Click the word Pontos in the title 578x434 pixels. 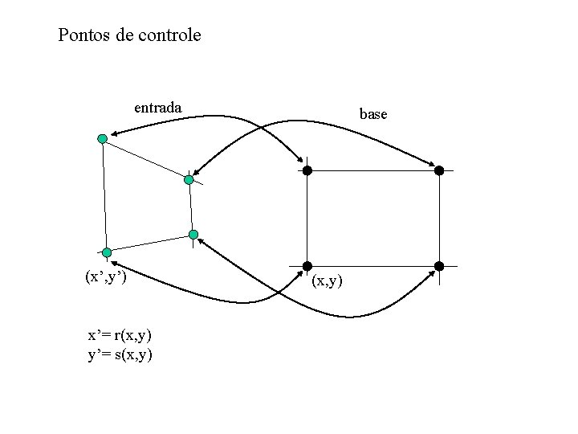(x=84, y=35)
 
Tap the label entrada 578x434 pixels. (x=157, y=107)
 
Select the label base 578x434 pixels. (x=373, y=115)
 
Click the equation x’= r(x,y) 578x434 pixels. (x=120, y=334)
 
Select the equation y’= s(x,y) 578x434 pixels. (x=120, y=354)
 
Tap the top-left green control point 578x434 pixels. (x=102, y=139)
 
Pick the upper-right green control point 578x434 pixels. (x=189, y=180)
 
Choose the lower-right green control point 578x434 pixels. (x=193, y=235)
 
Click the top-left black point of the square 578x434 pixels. (x=307, y=170)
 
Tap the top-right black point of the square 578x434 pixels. (x=439, y=170)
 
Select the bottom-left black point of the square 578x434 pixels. (x=307, y=266)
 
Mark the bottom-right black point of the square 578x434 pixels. (x=439, y=266)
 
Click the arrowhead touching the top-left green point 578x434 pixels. (x=115, y=134)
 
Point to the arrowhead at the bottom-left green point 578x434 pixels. (x=115, y=262)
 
